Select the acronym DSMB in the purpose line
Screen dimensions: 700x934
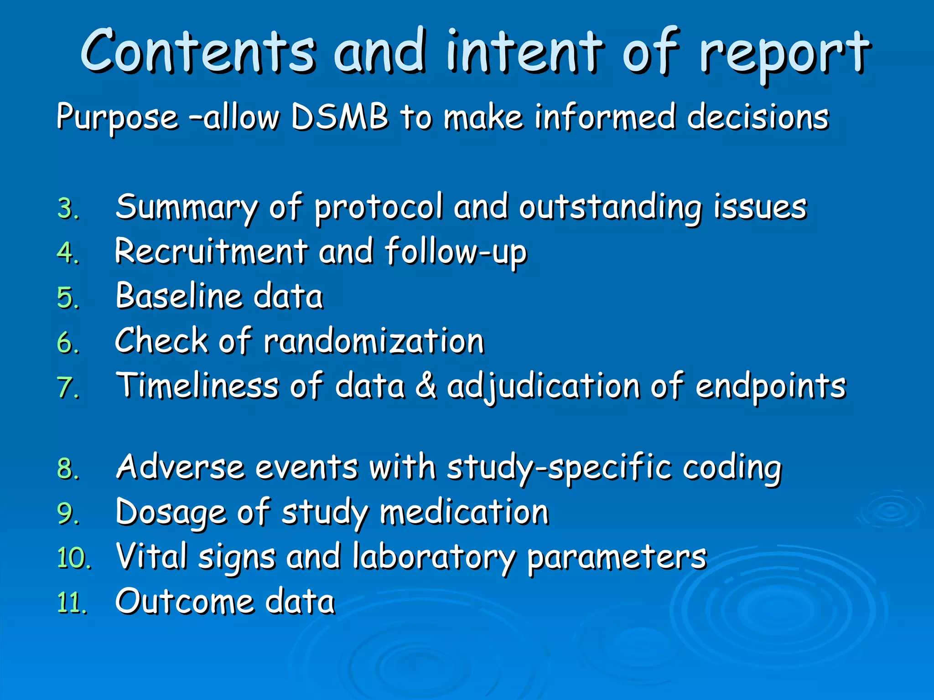click(x=339, y=117)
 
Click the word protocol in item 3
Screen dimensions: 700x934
click(x=379, y=208)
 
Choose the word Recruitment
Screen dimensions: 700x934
click(x=211, y=251)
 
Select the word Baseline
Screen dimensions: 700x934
click(x=178, y=296)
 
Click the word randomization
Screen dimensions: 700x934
click(x=374, y=341)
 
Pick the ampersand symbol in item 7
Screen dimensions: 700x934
click(x=426, y=386)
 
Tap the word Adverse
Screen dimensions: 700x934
click(x=180, y=467)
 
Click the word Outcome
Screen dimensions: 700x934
click(x=184, y=602)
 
